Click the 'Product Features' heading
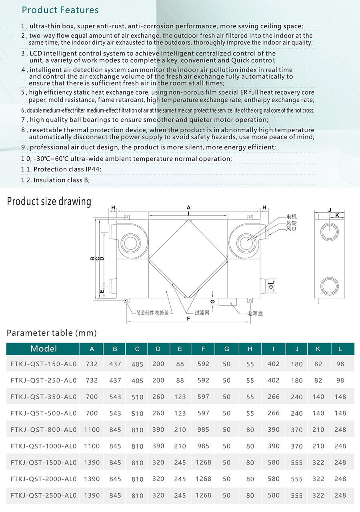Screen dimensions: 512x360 tap(60, 10)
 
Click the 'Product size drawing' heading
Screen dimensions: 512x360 tap(49, 201)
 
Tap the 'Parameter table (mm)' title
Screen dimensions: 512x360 tap(52, 333)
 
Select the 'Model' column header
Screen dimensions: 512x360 tap(44, 349)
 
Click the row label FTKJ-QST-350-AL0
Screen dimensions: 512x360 tap(44, 397)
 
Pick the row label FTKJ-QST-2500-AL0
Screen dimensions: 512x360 tap(44, 495)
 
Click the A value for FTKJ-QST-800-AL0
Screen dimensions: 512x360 tap(92, 430)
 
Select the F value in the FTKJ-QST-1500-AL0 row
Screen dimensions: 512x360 tap(203, 462)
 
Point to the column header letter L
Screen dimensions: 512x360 tap(340, 349)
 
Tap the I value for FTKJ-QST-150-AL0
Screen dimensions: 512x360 tap(274, 364)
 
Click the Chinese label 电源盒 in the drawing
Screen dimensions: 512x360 tap(255, 314)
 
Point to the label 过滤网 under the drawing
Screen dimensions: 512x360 tap(202, 313)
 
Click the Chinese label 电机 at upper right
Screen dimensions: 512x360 tap(292, 217)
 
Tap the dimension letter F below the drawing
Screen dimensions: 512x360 tap(188, 319)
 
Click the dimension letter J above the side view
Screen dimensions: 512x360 tap(330, 209)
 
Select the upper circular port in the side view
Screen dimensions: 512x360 tap(329, 232)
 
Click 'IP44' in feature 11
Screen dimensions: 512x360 tap(93, 169)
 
